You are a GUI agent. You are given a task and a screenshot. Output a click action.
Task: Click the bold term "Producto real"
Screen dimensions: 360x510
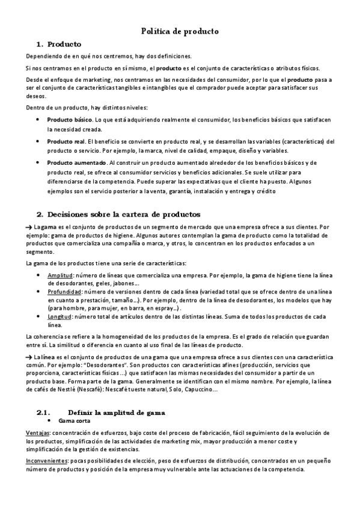pyautogui.click(x=66, y=141)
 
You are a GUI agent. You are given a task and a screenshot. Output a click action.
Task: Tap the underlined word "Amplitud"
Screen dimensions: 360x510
pyautogui.click(x=59, y=275)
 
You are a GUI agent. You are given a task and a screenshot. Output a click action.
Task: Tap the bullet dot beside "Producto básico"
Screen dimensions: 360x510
pyautogui.click(x=38, y=120)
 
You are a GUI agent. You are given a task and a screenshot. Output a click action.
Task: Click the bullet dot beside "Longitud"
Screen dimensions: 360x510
pyautogui.click(x=38, y=316)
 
